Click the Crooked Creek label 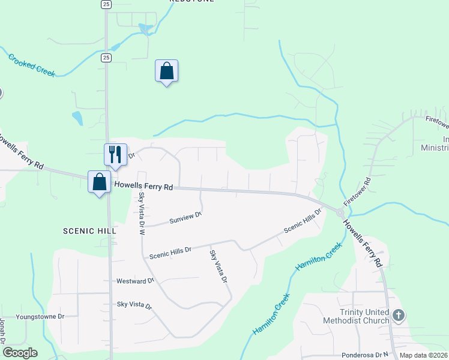[31, 65]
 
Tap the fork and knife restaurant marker [115, 154]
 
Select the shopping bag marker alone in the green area [166, 71]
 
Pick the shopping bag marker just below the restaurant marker [98, 182]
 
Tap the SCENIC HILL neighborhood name [88, 230]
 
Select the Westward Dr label [135, 280]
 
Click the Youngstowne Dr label [40, 316]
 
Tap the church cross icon [398, 315]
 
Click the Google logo [20, 353]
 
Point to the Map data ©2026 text [423, 355]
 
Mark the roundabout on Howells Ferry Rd [340, 213]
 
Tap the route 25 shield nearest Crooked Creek [106, 58]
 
